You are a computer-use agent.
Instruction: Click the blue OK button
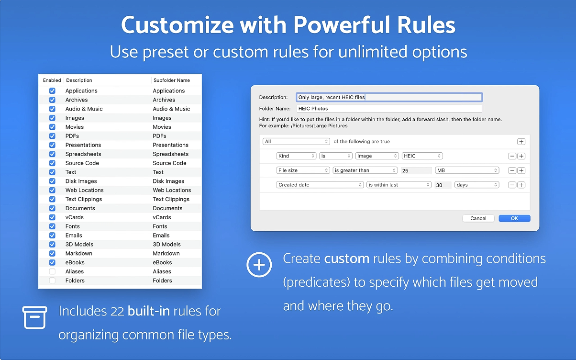tap(514, 218)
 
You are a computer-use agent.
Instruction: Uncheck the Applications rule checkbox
tap(52, 91)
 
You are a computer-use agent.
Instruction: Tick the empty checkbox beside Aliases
tap(52, 271)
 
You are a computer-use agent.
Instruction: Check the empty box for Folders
tap(52, 281)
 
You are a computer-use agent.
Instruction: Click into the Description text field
tap(389, 97)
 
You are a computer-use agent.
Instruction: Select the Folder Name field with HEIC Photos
tap(389, 109)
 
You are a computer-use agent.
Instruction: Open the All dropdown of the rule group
tap(296, 142)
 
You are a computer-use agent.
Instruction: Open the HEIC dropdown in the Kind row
tap(422, 156)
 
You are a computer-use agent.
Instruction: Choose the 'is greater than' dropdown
tap(365, 170)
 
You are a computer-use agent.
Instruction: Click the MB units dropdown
tap(467, 170)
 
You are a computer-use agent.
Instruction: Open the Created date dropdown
tap(320, 185)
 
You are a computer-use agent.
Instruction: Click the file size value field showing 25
tap(416, 170)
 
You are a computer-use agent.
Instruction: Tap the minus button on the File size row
tap(512, 170)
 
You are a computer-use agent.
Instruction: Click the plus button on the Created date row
tap(521, 185)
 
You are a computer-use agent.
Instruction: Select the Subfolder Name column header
tap(172, 80)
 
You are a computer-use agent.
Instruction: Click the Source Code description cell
tap(82, 163)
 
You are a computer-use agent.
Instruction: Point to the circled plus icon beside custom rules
tap(259, 265)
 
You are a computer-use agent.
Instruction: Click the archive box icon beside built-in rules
tap(34, 317)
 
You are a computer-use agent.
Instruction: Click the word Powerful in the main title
tap(342, 25)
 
